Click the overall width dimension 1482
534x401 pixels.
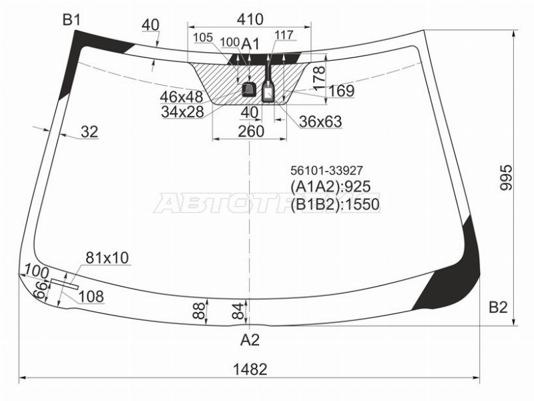click(x=250, y=369)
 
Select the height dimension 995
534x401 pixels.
click(x=507, y=177)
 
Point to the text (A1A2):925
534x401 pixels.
click(x=330, y=186)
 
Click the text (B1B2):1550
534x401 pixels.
click(x=335, y=204)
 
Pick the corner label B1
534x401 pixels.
click(x=71, y=21)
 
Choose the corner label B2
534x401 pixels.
click(x=498, y=307)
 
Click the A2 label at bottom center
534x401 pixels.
click(x=250, y=340)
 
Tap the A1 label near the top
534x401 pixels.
click(x=250, y=44)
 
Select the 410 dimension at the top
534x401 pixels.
click(x=250, y=19)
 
